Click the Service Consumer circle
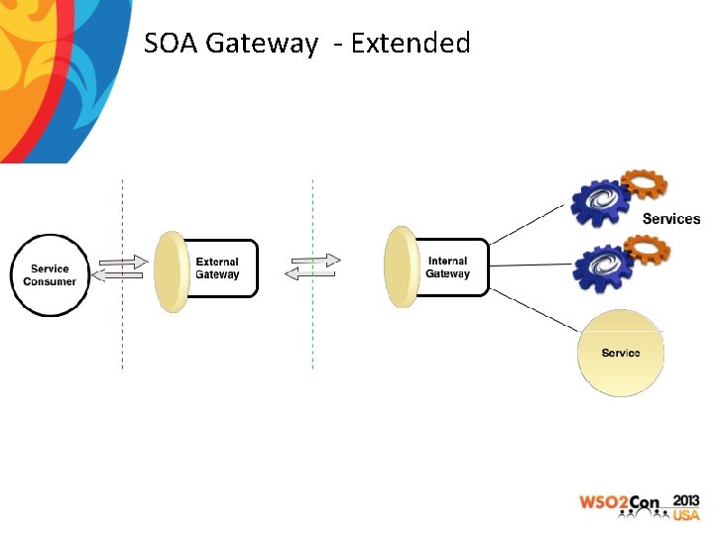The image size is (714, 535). point(50,275)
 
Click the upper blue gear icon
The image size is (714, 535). point(600,202)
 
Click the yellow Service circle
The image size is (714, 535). point(621,354)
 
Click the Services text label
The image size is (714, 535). point(671,219)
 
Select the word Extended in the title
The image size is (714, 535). point(410,44)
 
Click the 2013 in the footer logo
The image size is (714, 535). point(685,499)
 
